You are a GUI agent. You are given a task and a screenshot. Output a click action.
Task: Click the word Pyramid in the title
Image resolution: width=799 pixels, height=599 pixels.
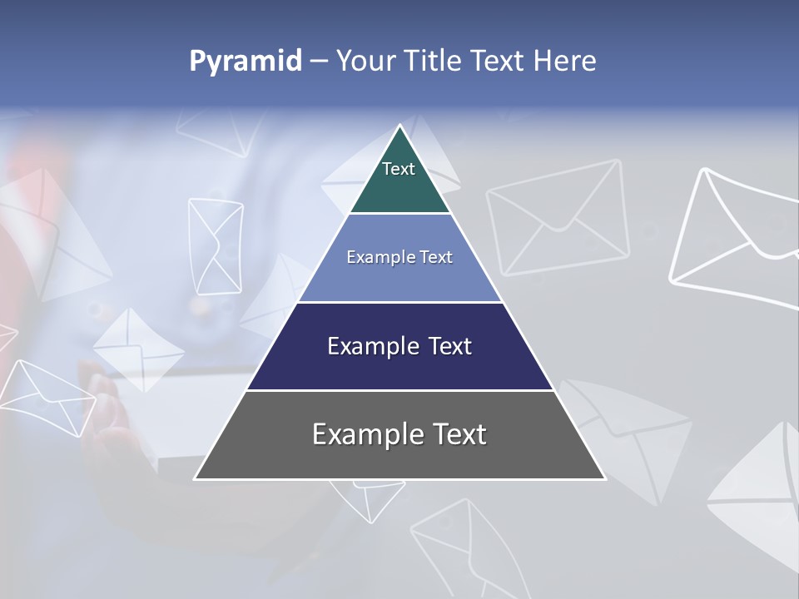246,62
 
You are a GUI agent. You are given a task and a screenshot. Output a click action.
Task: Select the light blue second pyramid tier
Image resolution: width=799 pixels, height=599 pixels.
399,258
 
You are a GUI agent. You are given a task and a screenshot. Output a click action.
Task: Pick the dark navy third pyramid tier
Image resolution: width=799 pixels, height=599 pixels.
399,347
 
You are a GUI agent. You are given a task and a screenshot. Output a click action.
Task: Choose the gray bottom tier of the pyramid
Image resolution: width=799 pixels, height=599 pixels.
399,435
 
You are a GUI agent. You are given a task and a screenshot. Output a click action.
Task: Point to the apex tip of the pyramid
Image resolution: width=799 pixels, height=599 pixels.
400,127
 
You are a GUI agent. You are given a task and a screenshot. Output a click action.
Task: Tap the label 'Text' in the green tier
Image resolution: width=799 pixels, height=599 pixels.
398,169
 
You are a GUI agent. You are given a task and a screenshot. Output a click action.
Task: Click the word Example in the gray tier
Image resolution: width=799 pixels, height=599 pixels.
359,435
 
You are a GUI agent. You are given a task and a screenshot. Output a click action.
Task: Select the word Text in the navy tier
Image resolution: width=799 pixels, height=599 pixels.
450,347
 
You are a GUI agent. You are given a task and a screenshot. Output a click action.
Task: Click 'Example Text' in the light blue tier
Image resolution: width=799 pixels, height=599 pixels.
399,258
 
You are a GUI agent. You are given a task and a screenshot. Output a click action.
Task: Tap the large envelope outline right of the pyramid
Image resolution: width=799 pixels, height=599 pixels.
558,218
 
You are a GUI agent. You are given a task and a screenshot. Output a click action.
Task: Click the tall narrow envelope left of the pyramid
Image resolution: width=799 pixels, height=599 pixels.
216,245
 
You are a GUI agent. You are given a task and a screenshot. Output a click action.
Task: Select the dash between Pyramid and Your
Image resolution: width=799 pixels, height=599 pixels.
318,62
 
